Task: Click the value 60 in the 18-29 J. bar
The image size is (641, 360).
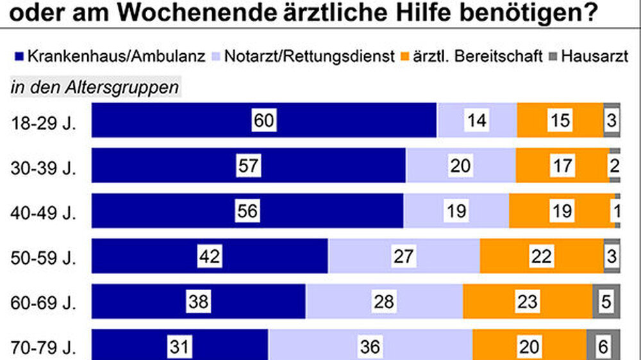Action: [x=264, y=120]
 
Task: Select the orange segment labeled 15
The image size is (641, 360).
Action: [x=560, y=120]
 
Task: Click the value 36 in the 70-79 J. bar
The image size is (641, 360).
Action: [x=370, y=347]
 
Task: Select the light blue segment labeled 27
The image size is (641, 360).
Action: [x=404, y=256]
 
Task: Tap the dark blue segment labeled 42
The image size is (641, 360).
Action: [x=210, y=256]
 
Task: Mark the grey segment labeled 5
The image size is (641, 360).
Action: [x=606, y=302]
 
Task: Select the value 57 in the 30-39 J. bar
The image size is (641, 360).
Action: [x=248, y=166]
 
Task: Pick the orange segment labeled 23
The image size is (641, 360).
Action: [x=527, y=302]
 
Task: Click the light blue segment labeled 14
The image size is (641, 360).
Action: [x=476, y=120]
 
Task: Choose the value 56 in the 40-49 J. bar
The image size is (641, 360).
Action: [x=247, y=211]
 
